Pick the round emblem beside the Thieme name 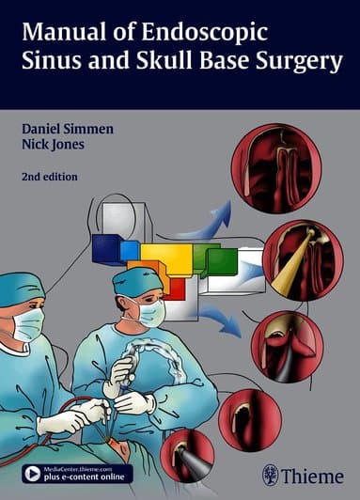(271, 475)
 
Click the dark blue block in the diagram (106, 249)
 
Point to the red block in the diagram (173, 289)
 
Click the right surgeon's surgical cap (137, 281)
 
